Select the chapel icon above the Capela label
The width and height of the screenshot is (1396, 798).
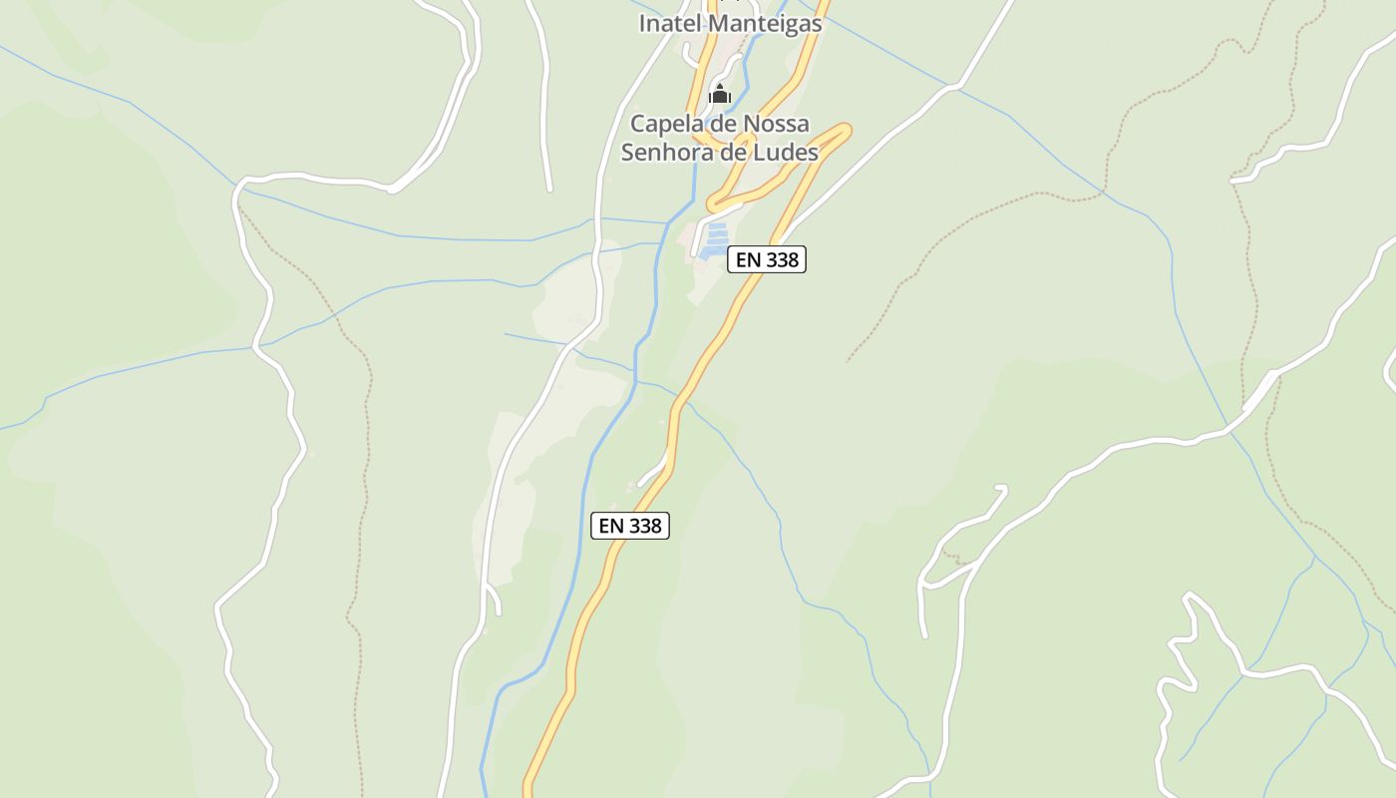[x=720, y=96]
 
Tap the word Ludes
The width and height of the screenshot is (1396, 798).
[x=787, y=153]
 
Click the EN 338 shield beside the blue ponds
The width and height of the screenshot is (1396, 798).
[x=766, y=259]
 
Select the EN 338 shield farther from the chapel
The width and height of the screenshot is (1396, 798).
[x=630, y=526]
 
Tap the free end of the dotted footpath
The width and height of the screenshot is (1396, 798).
[x=848, y=360]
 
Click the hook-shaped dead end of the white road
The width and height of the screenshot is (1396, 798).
[x=1001, y=489]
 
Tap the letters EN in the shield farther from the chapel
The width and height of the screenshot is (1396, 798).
[x=611, y=526]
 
